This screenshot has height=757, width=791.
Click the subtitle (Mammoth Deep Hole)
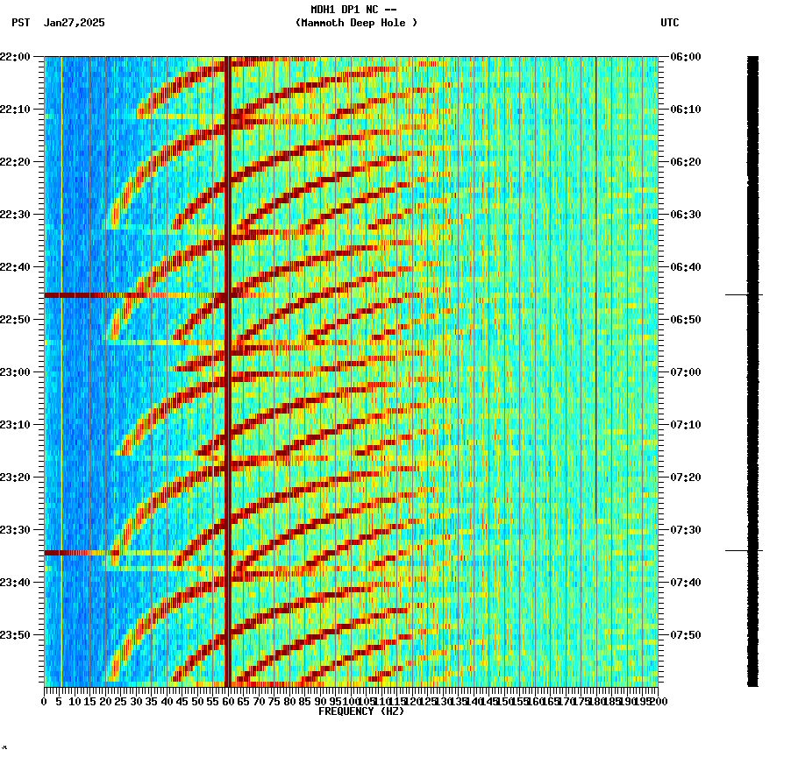[356, 23]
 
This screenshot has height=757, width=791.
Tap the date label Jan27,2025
[74, 23]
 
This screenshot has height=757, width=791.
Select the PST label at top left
[21, 23]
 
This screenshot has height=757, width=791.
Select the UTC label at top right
[670, 23]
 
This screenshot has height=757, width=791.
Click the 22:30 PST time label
[18, 215]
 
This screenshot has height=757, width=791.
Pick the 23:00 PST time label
[18, 372]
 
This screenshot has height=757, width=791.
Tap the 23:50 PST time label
[18, 635]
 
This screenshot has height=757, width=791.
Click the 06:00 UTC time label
[685, 57]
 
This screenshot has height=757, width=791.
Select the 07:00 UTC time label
[685, 372]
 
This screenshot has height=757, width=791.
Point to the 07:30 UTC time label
[685, 530]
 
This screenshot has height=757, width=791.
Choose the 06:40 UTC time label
[685, 267]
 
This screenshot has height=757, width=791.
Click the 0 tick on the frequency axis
[45, 701]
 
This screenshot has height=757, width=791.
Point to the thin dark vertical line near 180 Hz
[596, 263]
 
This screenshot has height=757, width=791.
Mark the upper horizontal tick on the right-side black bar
[744, 295]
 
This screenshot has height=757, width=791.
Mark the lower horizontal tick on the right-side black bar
[744, 551]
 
